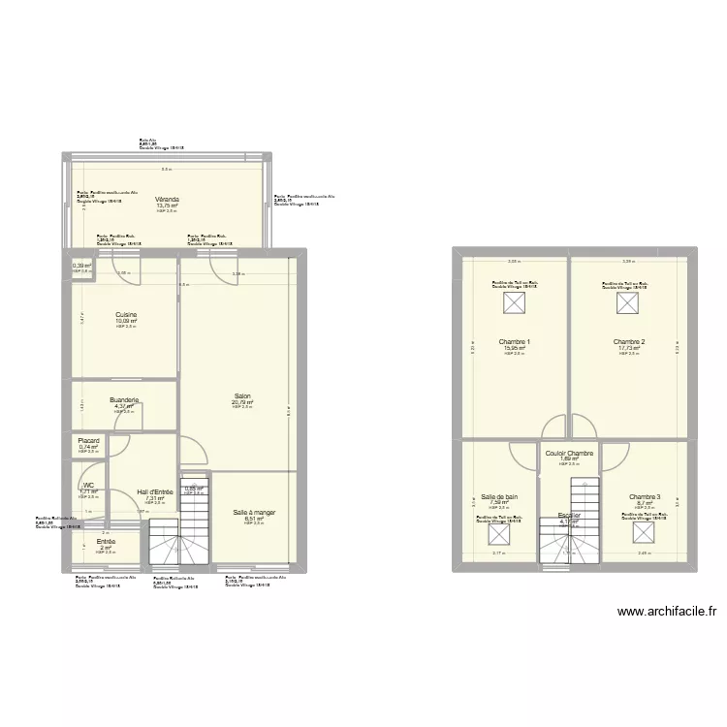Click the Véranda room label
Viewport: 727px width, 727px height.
(168, 199)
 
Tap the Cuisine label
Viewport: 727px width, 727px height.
(126, 314)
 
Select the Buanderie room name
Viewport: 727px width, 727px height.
(124, 399)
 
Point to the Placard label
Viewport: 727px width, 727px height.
(89, 440)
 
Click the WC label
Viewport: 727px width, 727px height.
(88, 485)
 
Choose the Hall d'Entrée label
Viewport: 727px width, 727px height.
(155, 491)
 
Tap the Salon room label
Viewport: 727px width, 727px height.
(242, 395)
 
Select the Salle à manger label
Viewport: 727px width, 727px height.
(254, 512)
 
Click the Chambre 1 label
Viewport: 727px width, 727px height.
(514, 342)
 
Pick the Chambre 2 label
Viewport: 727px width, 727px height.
(629, 342)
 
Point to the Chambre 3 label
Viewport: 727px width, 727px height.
(645, 497)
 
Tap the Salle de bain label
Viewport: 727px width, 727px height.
(499, 496)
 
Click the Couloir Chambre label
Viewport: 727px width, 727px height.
(569, 453)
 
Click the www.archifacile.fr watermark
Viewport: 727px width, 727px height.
(666, 612)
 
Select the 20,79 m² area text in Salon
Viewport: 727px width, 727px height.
(242, 402)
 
